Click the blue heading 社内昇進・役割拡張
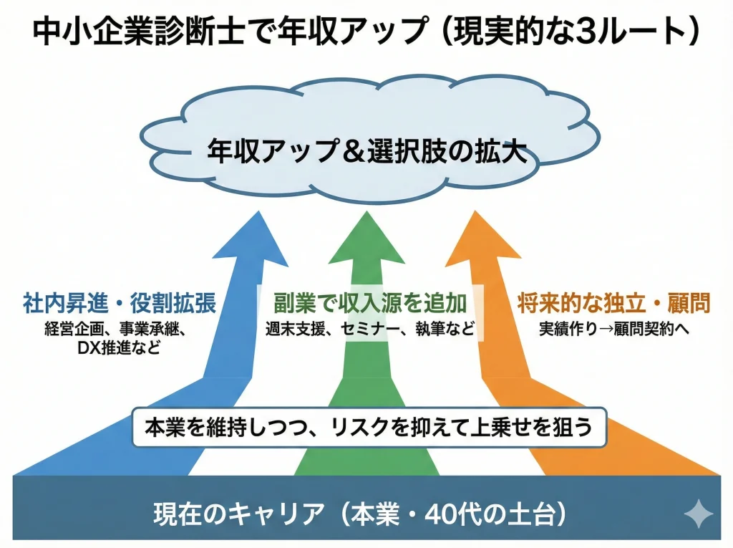[x=120, y=303]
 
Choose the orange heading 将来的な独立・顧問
[x=613, y=303]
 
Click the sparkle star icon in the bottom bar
[x=698, y=514]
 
